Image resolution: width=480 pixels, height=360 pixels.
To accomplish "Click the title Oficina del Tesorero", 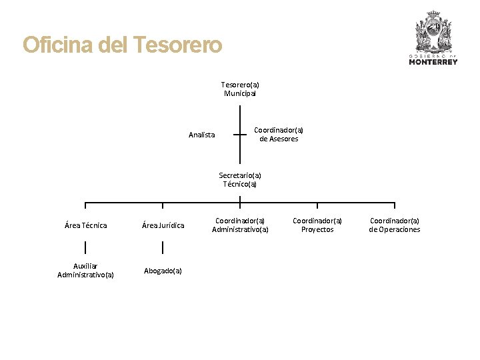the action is [122, 45].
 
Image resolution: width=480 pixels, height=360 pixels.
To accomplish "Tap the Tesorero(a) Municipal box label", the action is [240, 89].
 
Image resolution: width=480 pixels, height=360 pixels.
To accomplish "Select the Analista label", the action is [201, 135].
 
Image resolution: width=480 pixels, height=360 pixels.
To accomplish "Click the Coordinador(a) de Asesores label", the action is [279, 135].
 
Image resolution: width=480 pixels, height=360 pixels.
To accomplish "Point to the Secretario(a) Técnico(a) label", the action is [240, 180].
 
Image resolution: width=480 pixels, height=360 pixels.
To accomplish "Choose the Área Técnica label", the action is [85, 225].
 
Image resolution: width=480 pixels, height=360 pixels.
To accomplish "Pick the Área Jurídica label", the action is [163, 225].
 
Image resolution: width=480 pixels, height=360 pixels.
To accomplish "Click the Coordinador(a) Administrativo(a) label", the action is [240, 225].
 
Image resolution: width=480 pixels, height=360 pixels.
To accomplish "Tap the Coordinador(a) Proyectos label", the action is [317, 225].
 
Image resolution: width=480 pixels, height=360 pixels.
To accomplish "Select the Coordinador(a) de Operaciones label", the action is [395, 225].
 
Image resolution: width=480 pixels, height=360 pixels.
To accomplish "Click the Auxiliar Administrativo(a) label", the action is [85, 270].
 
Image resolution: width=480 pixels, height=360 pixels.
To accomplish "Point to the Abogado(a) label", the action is [163, 271].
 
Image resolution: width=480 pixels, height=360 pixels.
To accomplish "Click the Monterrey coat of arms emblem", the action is [433, 31].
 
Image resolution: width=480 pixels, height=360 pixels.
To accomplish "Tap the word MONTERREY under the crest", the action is [433, 62].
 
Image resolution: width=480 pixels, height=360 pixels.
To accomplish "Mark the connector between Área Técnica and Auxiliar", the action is [85, 247].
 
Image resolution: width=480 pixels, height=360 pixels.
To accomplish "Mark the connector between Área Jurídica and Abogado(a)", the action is [163, 247].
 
